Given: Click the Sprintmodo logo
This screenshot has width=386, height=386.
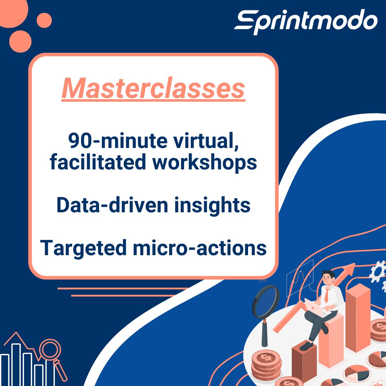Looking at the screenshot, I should (x=306, y=21).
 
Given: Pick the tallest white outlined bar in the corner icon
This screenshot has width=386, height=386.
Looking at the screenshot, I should (x=16, y=365).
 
